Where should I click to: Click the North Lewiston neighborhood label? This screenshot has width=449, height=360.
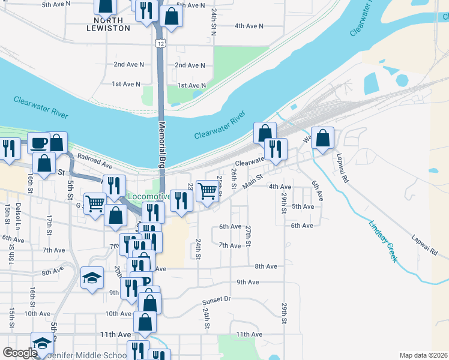(104, 24)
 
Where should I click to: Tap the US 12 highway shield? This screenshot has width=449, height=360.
(159, 43)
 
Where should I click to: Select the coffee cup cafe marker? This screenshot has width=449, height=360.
(39, 143)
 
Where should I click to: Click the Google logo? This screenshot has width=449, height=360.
(19, 353)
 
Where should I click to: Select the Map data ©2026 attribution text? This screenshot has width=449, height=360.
(423, 355)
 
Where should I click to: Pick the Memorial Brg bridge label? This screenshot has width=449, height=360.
(162, 144)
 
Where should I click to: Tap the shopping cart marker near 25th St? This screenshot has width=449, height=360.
(207, 191)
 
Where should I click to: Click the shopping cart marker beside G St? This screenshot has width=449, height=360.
(95, 203)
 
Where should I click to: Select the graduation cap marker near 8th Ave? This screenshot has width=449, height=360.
(92, 277)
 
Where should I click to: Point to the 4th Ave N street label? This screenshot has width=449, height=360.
(249, 26)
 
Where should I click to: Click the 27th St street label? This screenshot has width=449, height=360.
(248, 235)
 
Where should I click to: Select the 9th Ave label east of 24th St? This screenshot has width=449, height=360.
(247, 282)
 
